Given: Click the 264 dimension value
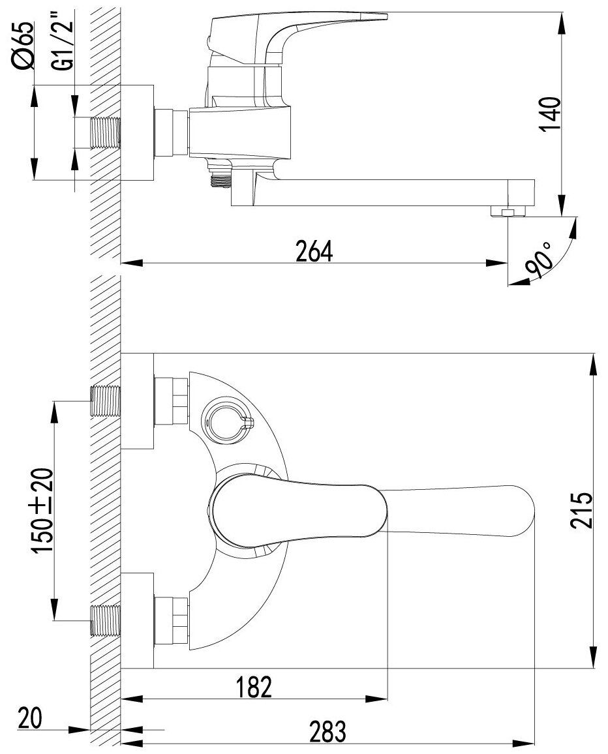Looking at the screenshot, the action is [x=314, y=251].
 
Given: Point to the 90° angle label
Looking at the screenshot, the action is [x=539, y=262].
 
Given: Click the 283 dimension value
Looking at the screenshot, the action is [x=326, y=732].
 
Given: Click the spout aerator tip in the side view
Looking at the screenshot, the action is [x=508, y=211].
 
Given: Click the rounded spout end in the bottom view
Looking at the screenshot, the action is [x=522, y=510].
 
